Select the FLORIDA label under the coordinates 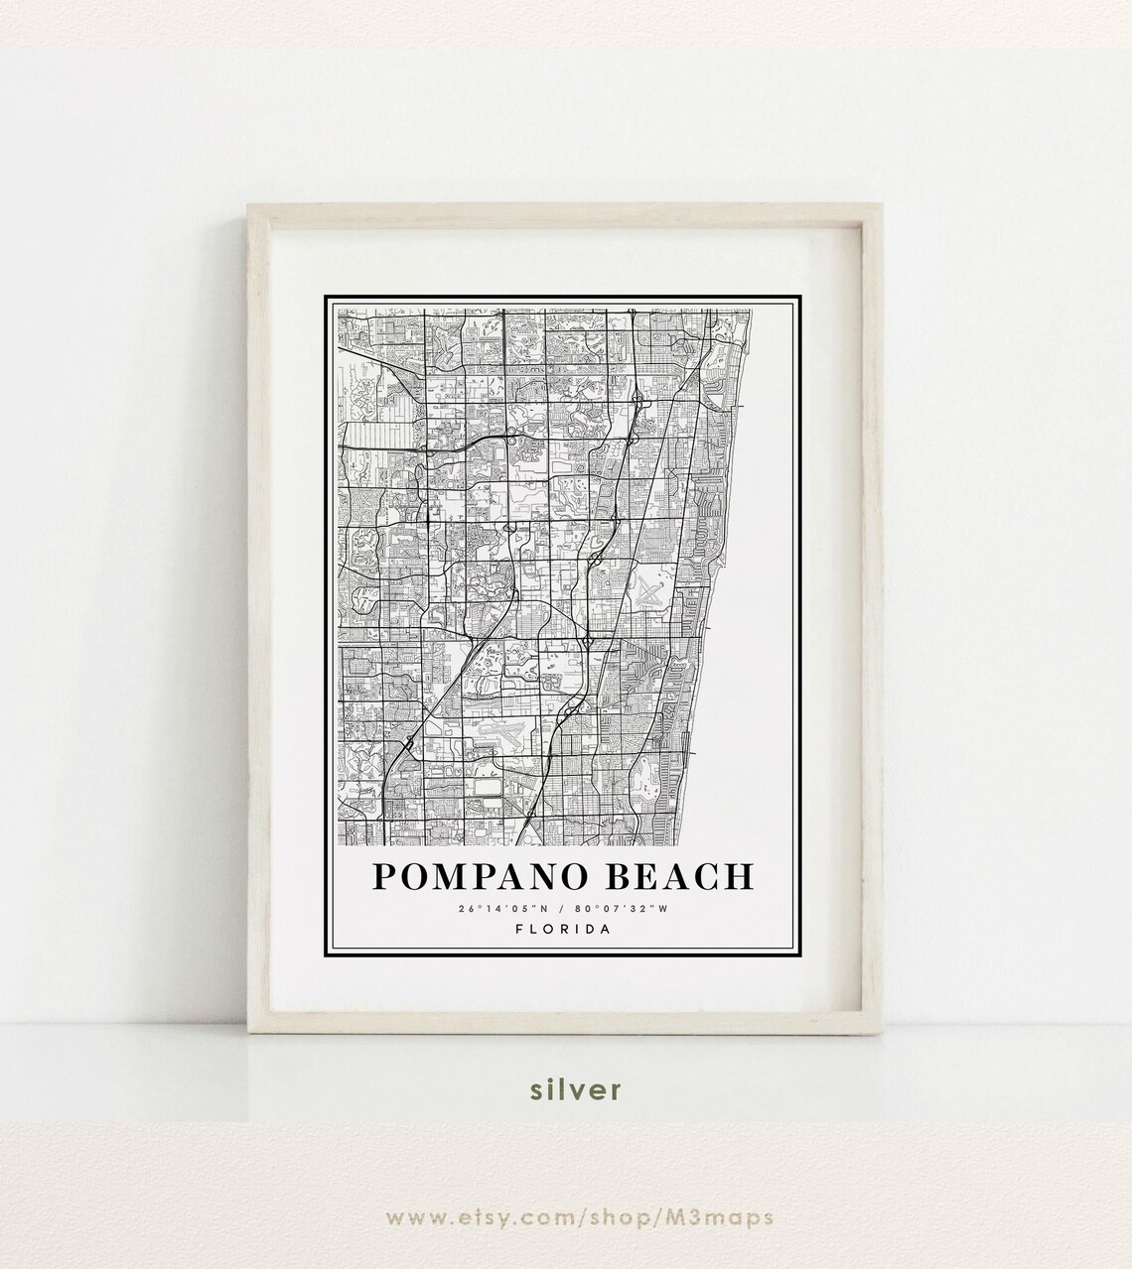click(x=564, y=930)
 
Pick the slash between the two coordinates click(x=564, y=908)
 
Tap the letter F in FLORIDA click(x=521, y=930)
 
